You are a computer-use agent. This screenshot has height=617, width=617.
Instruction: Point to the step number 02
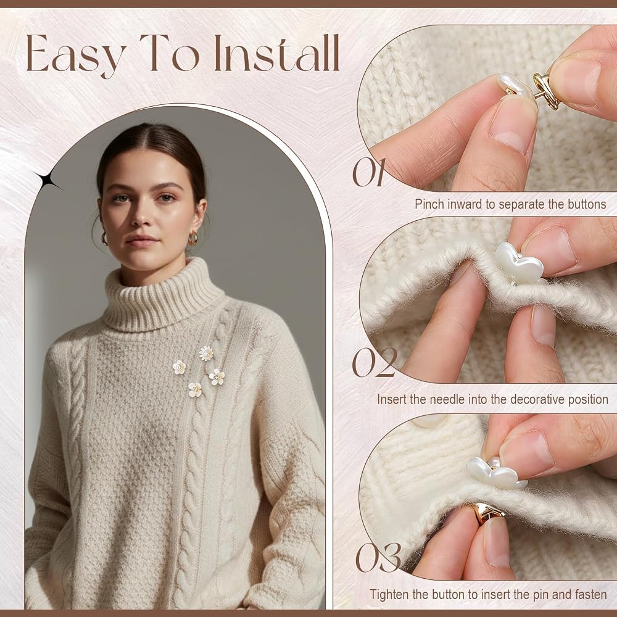point(375,362)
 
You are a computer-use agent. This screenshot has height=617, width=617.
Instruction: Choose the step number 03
point(378,557)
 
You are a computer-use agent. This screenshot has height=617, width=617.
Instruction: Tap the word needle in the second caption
point(447,399)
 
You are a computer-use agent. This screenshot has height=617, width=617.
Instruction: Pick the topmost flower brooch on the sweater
point(206,353)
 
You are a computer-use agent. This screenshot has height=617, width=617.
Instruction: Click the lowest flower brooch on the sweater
point(195,389)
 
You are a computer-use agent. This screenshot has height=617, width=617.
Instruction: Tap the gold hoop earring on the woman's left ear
point(193,238)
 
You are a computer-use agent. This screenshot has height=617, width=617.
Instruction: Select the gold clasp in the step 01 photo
point(546,90)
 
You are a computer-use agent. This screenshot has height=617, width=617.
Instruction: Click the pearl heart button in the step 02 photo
point(519,262)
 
